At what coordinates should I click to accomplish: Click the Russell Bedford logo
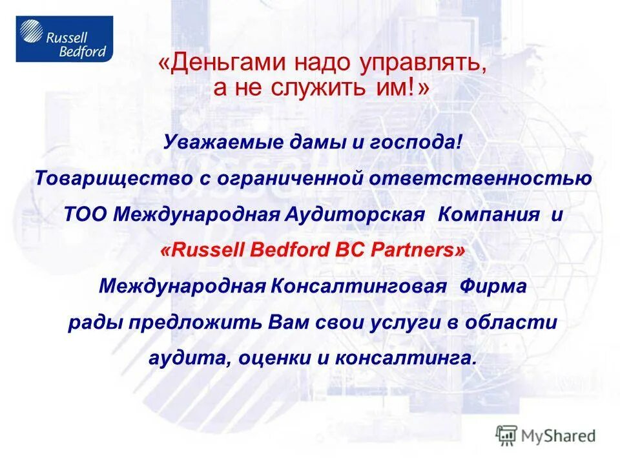[x=64, y=39]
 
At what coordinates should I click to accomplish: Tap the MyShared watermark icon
[x=506, y=435]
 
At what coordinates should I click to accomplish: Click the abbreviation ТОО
[x=85, y=214]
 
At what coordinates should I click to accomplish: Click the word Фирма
[x=493, y=285]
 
